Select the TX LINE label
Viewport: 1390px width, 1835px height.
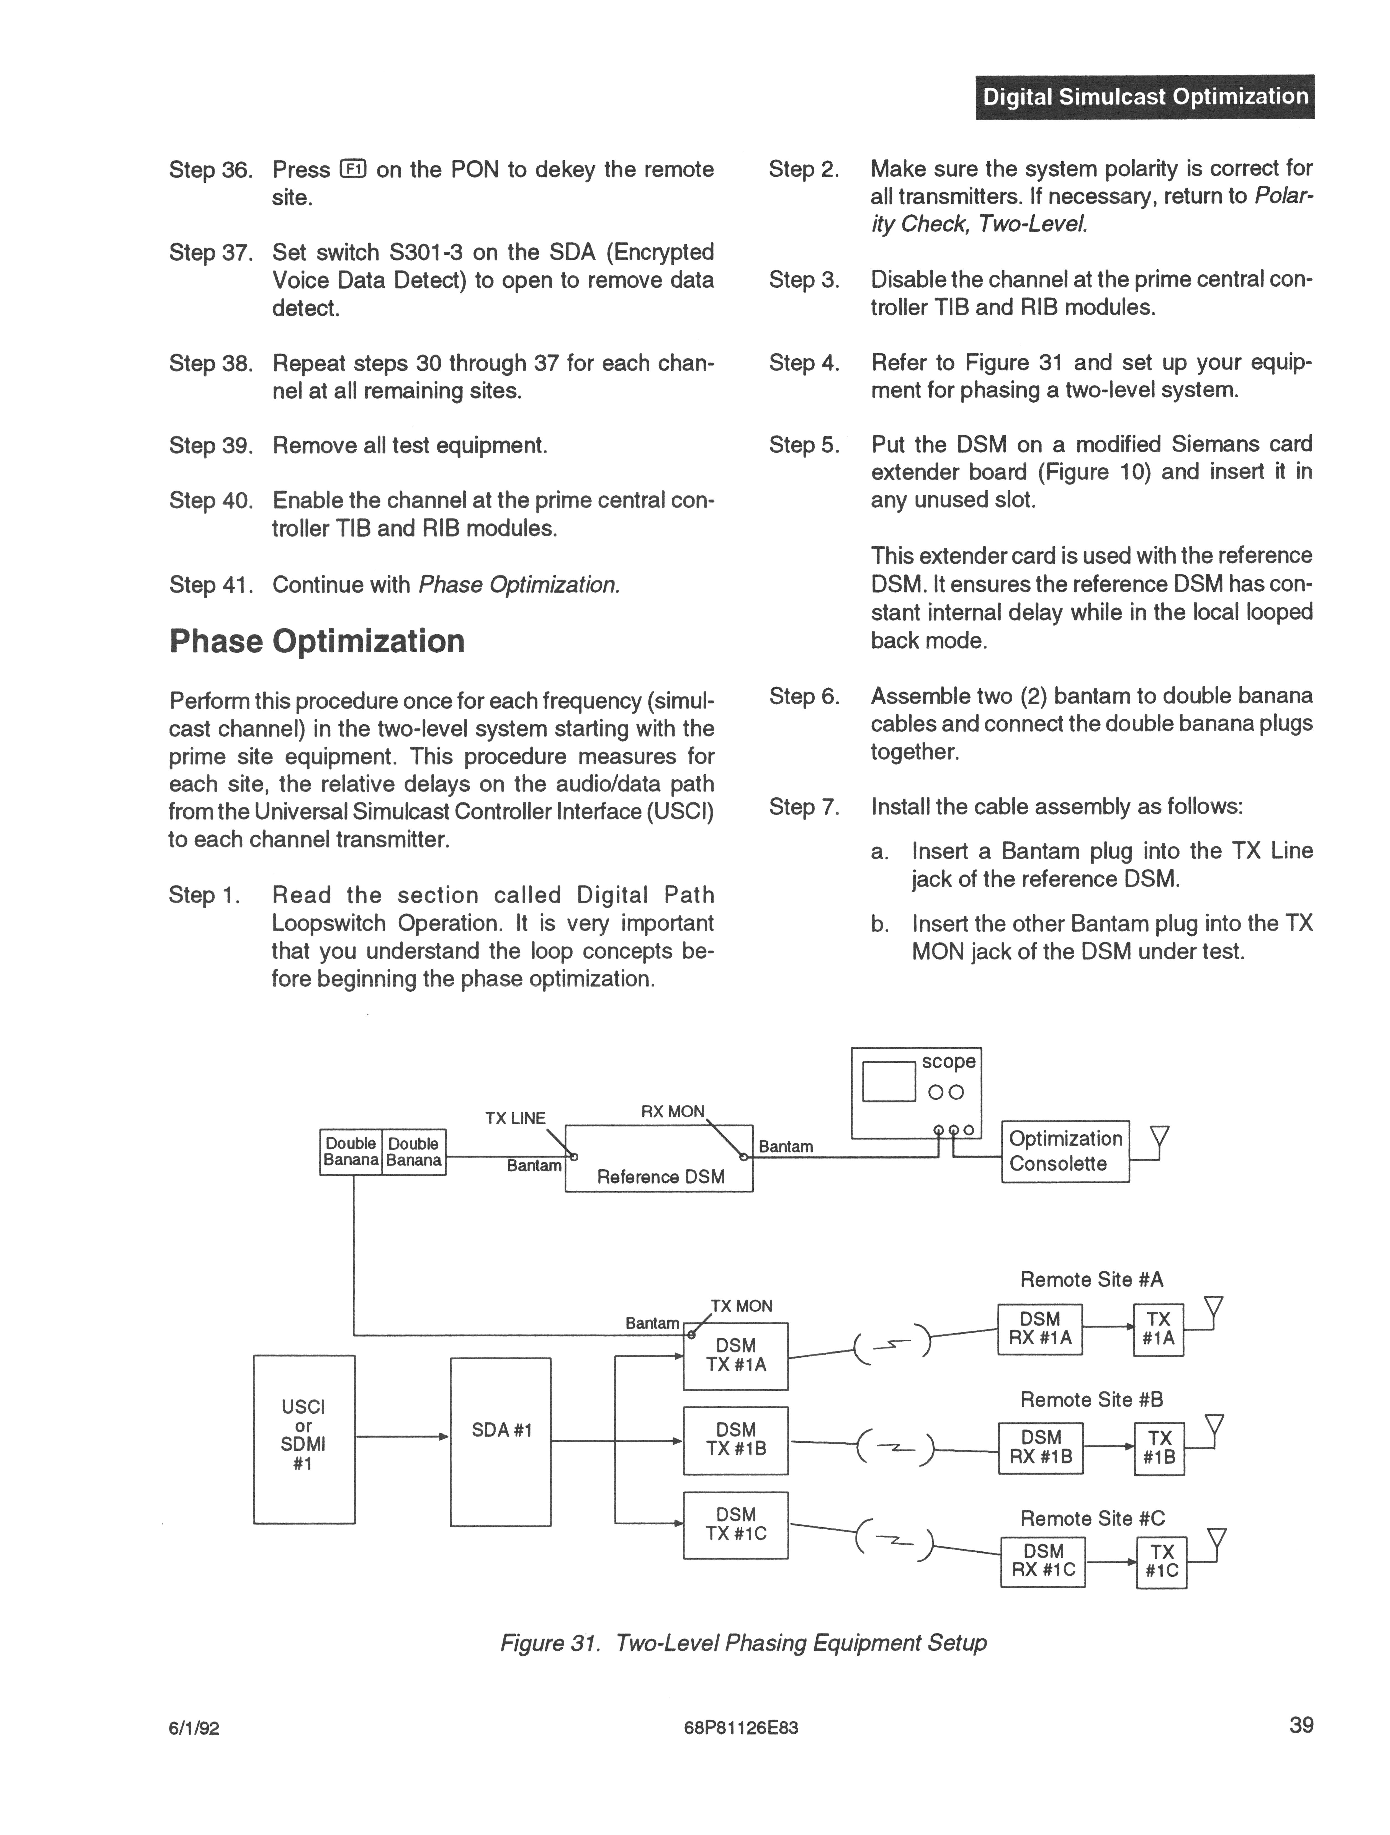(515, 1118)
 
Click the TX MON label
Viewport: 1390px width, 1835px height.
(741, 1306)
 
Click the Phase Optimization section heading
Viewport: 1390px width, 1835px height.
(317, 641)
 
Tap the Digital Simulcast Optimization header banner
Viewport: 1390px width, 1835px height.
(1144, 97)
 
